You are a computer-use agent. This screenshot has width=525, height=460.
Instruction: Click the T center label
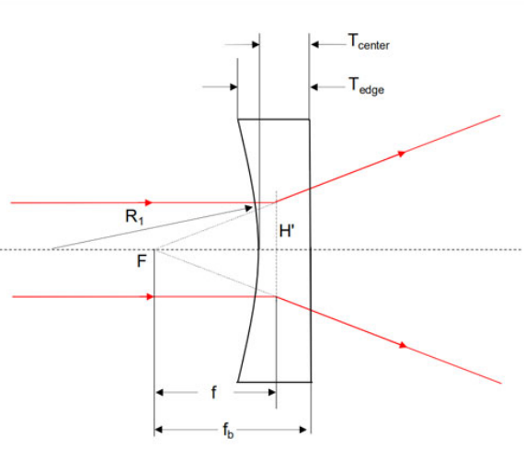(x=369, y=42)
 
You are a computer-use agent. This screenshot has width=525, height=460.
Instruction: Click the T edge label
(x=366, y=86)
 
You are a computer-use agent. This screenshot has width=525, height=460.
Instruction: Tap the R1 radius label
(x=134, y=217)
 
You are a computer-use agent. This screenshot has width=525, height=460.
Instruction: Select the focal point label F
(x=142, y=260)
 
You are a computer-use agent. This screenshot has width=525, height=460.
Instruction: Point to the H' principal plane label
(x=287, y=231)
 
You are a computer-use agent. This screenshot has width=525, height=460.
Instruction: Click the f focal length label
(x=213, y=392)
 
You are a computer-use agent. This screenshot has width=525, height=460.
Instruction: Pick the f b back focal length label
(x=228, y=431)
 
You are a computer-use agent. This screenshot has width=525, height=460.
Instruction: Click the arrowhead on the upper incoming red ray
(x=149, y=202)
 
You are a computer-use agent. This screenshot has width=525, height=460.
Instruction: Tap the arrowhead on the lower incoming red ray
(x=150, y=297)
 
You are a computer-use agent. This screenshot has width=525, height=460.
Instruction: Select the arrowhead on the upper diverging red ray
(x=401, y=154)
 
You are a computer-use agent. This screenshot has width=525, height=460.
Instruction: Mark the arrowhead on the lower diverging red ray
(x=403, y=345)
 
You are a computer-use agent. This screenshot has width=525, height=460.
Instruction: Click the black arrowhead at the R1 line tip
(x=248, y=209)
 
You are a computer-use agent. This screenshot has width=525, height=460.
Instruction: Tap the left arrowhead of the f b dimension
(x=158, y=430)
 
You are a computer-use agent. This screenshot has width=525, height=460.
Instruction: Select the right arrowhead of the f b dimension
(x=302, y=430)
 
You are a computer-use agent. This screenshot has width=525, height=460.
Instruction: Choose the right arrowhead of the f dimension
(x=272, y=392)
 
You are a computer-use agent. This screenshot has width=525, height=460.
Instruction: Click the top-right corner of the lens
(x=310, y=120)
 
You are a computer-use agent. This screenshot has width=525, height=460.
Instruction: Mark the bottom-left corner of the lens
(x=238, y=382)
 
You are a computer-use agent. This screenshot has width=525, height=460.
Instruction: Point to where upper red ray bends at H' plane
(x=276, y=202)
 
